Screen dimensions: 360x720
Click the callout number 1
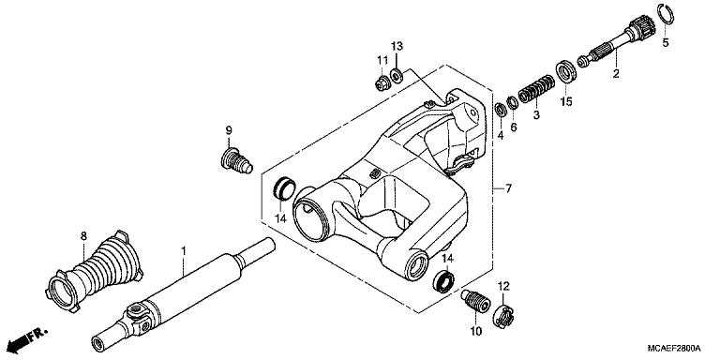(184, 250)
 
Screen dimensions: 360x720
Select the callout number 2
(616, 73)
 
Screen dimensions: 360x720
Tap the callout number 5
(667, 42)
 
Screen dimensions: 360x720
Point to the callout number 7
(508, 189)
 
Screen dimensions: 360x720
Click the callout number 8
(82, 235)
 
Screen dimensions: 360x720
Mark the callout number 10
(475, 331)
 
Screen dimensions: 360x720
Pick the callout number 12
(503, 285)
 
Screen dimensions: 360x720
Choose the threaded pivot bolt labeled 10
(476, 305)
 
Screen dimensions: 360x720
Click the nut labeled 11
(381, 83)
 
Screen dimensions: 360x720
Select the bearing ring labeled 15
(566, 71)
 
